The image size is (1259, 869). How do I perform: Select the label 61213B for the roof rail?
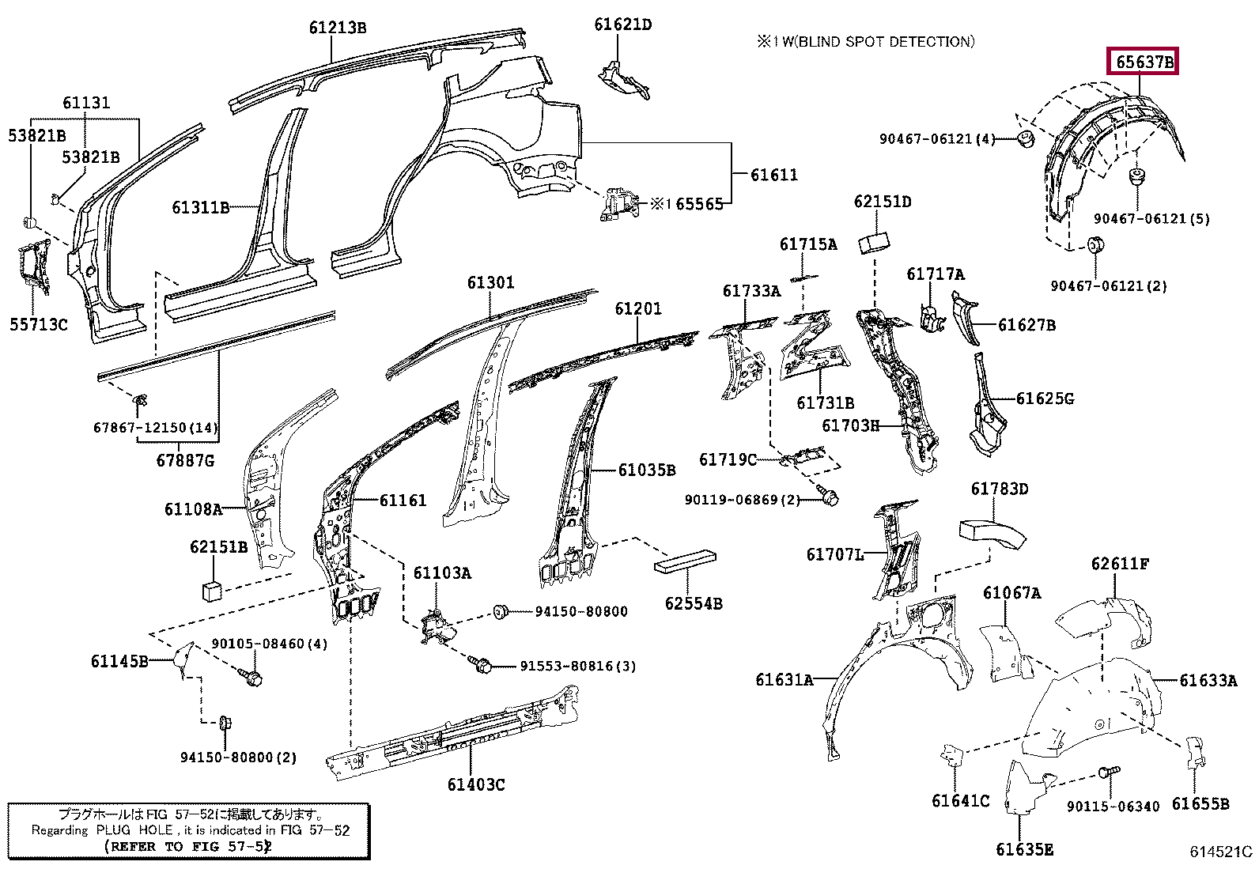(x=337, y=28)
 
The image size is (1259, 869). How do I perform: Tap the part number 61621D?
(x=622, y=25)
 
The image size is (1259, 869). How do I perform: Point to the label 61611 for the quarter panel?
(x=774, y=175)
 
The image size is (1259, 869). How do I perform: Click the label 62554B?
(x=694, y=603)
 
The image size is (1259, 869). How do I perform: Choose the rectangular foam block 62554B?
(x=685, y=561)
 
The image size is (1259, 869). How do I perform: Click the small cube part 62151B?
(x=212, y=591)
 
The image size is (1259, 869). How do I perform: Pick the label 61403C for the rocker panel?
(x=476, y=784)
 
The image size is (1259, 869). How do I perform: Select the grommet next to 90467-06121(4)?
(x=1026, y=139)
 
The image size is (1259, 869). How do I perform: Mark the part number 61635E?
(x=1025, y=849)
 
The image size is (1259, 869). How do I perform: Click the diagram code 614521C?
(x=1220, y=852)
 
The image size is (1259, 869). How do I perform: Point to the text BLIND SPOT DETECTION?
(x=886, y=42)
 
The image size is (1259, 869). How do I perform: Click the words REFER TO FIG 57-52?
(x=187, y=847)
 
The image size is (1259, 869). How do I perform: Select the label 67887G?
(x=186, y=461)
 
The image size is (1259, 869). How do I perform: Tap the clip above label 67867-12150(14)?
(x=140, y=400)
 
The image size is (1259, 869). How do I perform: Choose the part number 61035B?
(x=647, y=470)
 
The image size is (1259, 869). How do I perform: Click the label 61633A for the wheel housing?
(x=1208, y=681)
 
